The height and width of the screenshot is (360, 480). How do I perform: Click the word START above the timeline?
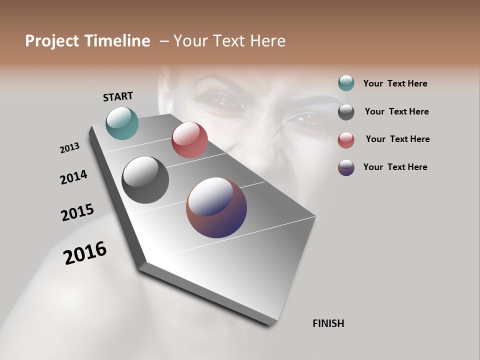coord(118,96)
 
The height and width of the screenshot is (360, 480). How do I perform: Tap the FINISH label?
coord(328,323)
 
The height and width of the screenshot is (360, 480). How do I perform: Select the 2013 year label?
coord(69,148)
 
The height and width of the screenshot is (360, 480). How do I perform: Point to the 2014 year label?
coord(73,177)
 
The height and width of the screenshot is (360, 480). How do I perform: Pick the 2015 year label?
coord(77,212)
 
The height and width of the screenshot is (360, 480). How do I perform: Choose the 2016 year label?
coord(85,252)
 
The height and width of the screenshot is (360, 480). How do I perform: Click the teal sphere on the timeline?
coord(122,123)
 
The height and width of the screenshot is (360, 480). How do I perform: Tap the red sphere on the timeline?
coord(189,140)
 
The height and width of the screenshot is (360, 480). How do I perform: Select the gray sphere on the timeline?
coord(145,180)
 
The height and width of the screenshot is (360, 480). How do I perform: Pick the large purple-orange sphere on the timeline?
coord(216,207)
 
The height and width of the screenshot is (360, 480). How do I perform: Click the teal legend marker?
coord(346,83)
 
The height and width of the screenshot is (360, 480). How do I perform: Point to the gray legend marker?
coord(346,112)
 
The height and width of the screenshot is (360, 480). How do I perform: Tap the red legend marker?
coord(346,140)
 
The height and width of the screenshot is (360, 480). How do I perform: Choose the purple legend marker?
coord(346,167)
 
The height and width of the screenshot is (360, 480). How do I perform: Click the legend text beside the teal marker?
coord(395,83)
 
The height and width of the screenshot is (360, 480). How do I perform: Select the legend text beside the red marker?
coord(397,139)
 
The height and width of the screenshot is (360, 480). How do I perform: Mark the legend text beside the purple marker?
coord(395,167)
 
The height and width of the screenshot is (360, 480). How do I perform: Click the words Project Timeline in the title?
coord(87,41)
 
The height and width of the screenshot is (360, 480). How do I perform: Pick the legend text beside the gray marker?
coord(396,111)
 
